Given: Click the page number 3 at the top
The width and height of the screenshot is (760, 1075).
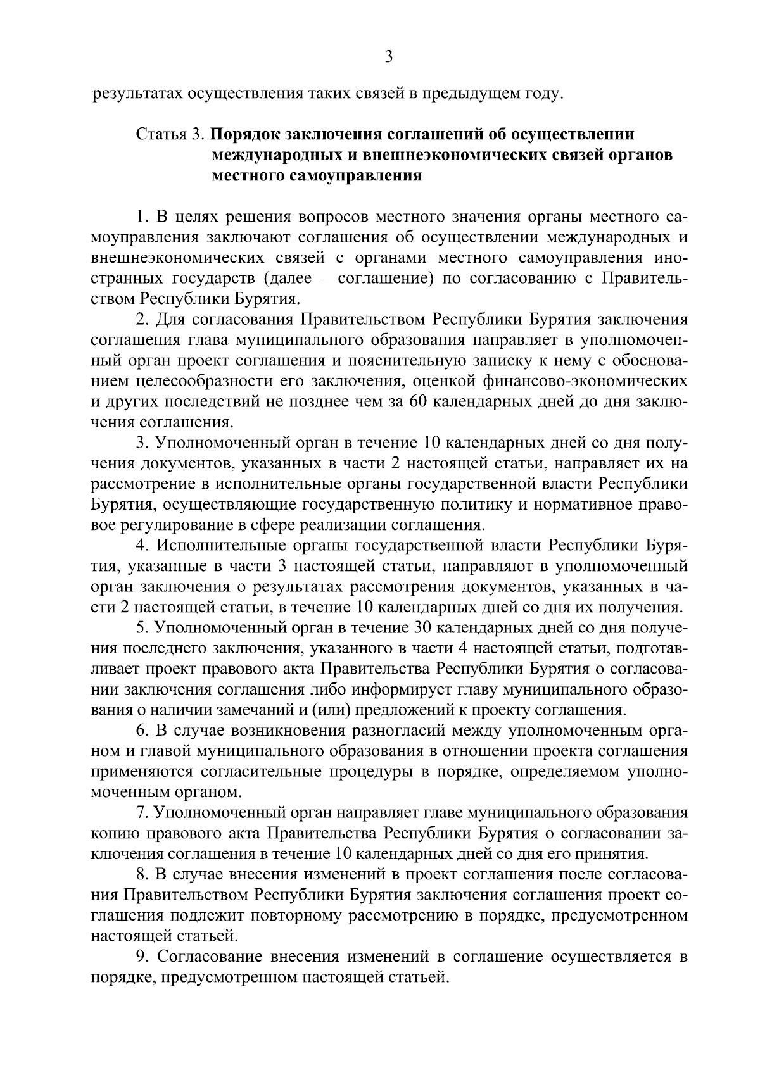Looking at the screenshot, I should tap(388, 57).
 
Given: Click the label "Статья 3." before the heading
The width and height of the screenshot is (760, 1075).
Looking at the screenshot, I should tap(170, 134).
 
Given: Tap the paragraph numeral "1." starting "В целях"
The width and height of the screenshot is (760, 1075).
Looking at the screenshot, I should tap(142, 218).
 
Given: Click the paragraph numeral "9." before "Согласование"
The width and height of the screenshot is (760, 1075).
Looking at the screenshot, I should tap(142, 957).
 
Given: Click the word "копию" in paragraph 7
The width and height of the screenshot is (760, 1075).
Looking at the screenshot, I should tap(111, 833).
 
